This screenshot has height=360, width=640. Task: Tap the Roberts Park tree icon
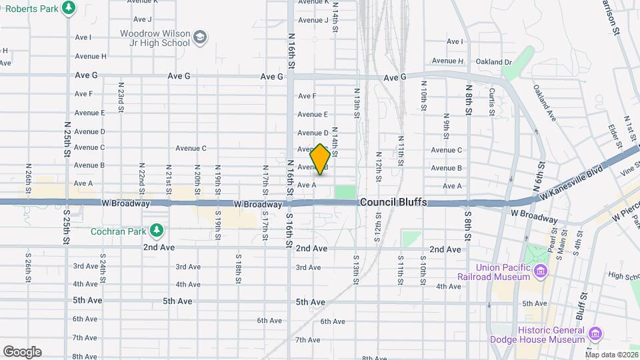pos(69,8)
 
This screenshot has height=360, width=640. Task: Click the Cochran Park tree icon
pos(157,231)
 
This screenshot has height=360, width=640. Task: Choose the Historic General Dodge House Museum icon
pos(595,333)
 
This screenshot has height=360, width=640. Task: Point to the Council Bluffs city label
pos(393,202)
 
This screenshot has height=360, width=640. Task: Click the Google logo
pos(22,351)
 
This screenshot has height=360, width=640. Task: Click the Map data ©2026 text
pos(612,354)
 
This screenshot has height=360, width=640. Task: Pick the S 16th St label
pos(289,231)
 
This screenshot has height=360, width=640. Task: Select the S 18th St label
pos(238,269)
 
